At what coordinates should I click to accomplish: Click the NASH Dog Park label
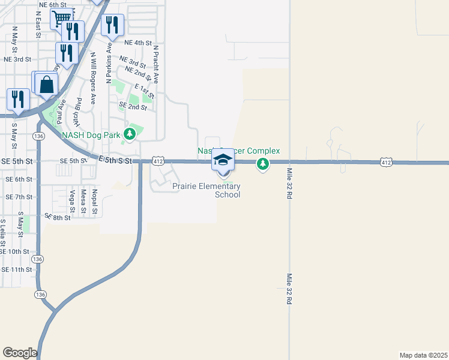(x=91, y=134)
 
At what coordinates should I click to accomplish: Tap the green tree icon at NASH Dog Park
(x=128, y=133)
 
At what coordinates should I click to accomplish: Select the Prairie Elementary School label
(x=206, y=190)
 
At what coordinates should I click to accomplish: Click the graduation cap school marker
(x=223, y=160)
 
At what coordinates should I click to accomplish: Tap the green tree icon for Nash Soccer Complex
(x=262, y=163)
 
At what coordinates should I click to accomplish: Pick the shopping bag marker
(x=46, y=85)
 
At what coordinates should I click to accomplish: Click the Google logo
(x=20, y=353)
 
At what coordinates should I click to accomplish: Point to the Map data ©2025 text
(x=423, y=355)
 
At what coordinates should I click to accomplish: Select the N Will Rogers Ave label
(x=93, y=78)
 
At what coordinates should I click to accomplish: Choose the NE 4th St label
(x=138, y=43)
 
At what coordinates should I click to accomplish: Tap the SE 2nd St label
(x=133, y=106)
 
